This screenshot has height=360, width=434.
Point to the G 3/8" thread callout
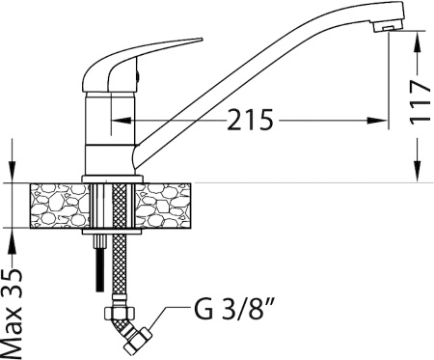pos(231,313)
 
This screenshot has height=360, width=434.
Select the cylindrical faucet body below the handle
pos(107,135)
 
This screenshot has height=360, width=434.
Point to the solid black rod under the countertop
pos(97,266)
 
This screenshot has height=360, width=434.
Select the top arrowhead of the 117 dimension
pos(417,38)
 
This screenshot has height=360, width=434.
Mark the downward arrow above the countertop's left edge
pos(13,174)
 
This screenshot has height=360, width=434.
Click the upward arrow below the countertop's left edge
pos(13,237)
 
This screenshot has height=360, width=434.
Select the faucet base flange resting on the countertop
pos(114,180)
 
